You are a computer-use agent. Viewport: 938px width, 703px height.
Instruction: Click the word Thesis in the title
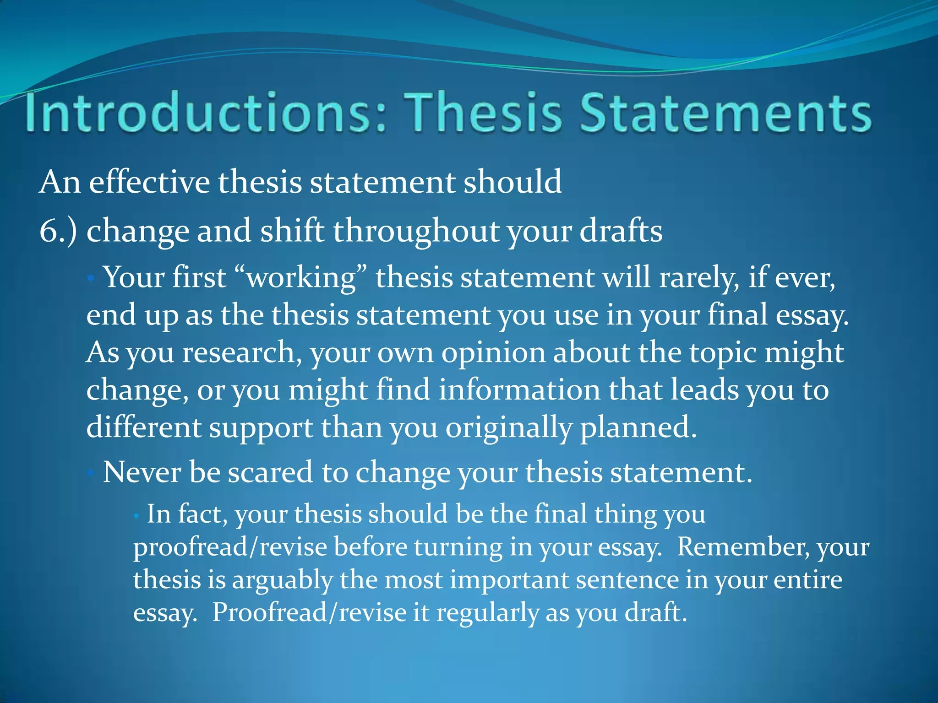point(485,113)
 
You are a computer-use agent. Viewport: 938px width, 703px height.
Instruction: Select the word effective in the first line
point(149,182)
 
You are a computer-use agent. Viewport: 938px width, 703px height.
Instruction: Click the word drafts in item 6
point(621,231)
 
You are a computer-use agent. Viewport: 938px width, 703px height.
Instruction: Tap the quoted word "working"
point(300,278)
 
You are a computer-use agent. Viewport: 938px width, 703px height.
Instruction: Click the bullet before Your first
point(91,278)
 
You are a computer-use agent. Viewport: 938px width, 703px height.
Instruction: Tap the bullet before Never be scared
point(91,472)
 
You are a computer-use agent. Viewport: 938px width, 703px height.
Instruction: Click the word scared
point(270,472)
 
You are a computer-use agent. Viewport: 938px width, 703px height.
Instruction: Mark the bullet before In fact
point(136,515)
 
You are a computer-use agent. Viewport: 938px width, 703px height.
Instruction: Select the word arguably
point(282,581)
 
